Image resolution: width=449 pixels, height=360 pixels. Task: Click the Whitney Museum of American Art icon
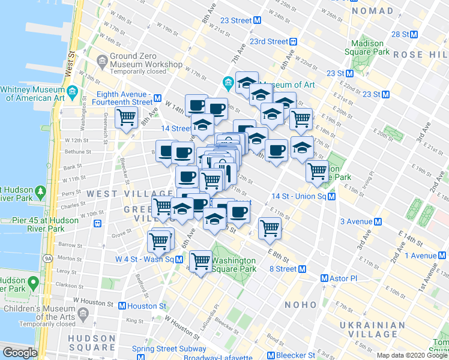(x=73, y=92)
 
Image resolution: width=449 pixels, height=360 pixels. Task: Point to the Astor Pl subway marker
(x=324, y=278)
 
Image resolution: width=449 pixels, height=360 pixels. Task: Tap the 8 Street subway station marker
(x=303, y=269)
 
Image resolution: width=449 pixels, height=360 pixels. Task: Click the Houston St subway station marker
(x=122, y=306)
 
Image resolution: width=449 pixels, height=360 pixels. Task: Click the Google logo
(x=19, y=353)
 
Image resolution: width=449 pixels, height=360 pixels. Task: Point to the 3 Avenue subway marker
(x=378, y=221)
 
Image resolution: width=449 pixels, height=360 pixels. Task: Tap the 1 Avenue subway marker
(x=443, y=256)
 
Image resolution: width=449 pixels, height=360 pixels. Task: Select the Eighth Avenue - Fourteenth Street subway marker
(x=157, y=98)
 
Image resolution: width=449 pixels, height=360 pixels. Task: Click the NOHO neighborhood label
(x=301, y=305)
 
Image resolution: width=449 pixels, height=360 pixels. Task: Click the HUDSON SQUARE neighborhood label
(x=91, y=343)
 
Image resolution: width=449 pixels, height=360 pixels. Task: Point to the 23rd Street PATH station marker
(x=294, y=41)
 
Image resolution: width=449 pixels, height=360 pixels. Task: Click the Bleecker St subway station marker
(x=271, y=356)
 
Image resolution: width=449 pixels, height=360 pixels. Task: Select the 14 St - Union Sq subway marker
(x=331, y=196)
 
